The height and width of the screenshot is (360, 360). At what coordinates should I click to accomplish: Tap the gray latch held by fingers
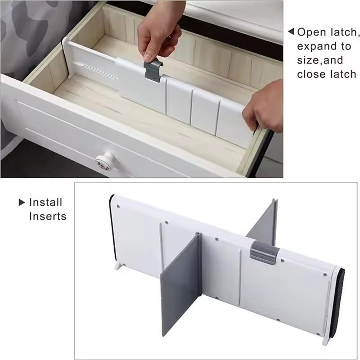[152, 71]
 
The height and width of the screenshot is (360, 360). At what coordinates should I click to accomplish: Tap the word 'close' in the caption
[310, 74]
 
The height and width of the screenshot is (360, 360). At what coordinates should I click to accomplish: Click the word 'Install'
[45, 202]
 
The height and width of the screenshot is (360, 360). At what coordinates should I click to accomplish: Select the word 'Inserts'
[48, 216]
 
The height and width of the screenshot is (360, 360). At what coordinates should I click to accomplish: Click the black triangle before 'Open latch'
[291, 32]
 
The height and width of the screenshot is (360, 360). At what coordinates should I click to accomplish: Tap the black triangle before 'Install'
[22, 202]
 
